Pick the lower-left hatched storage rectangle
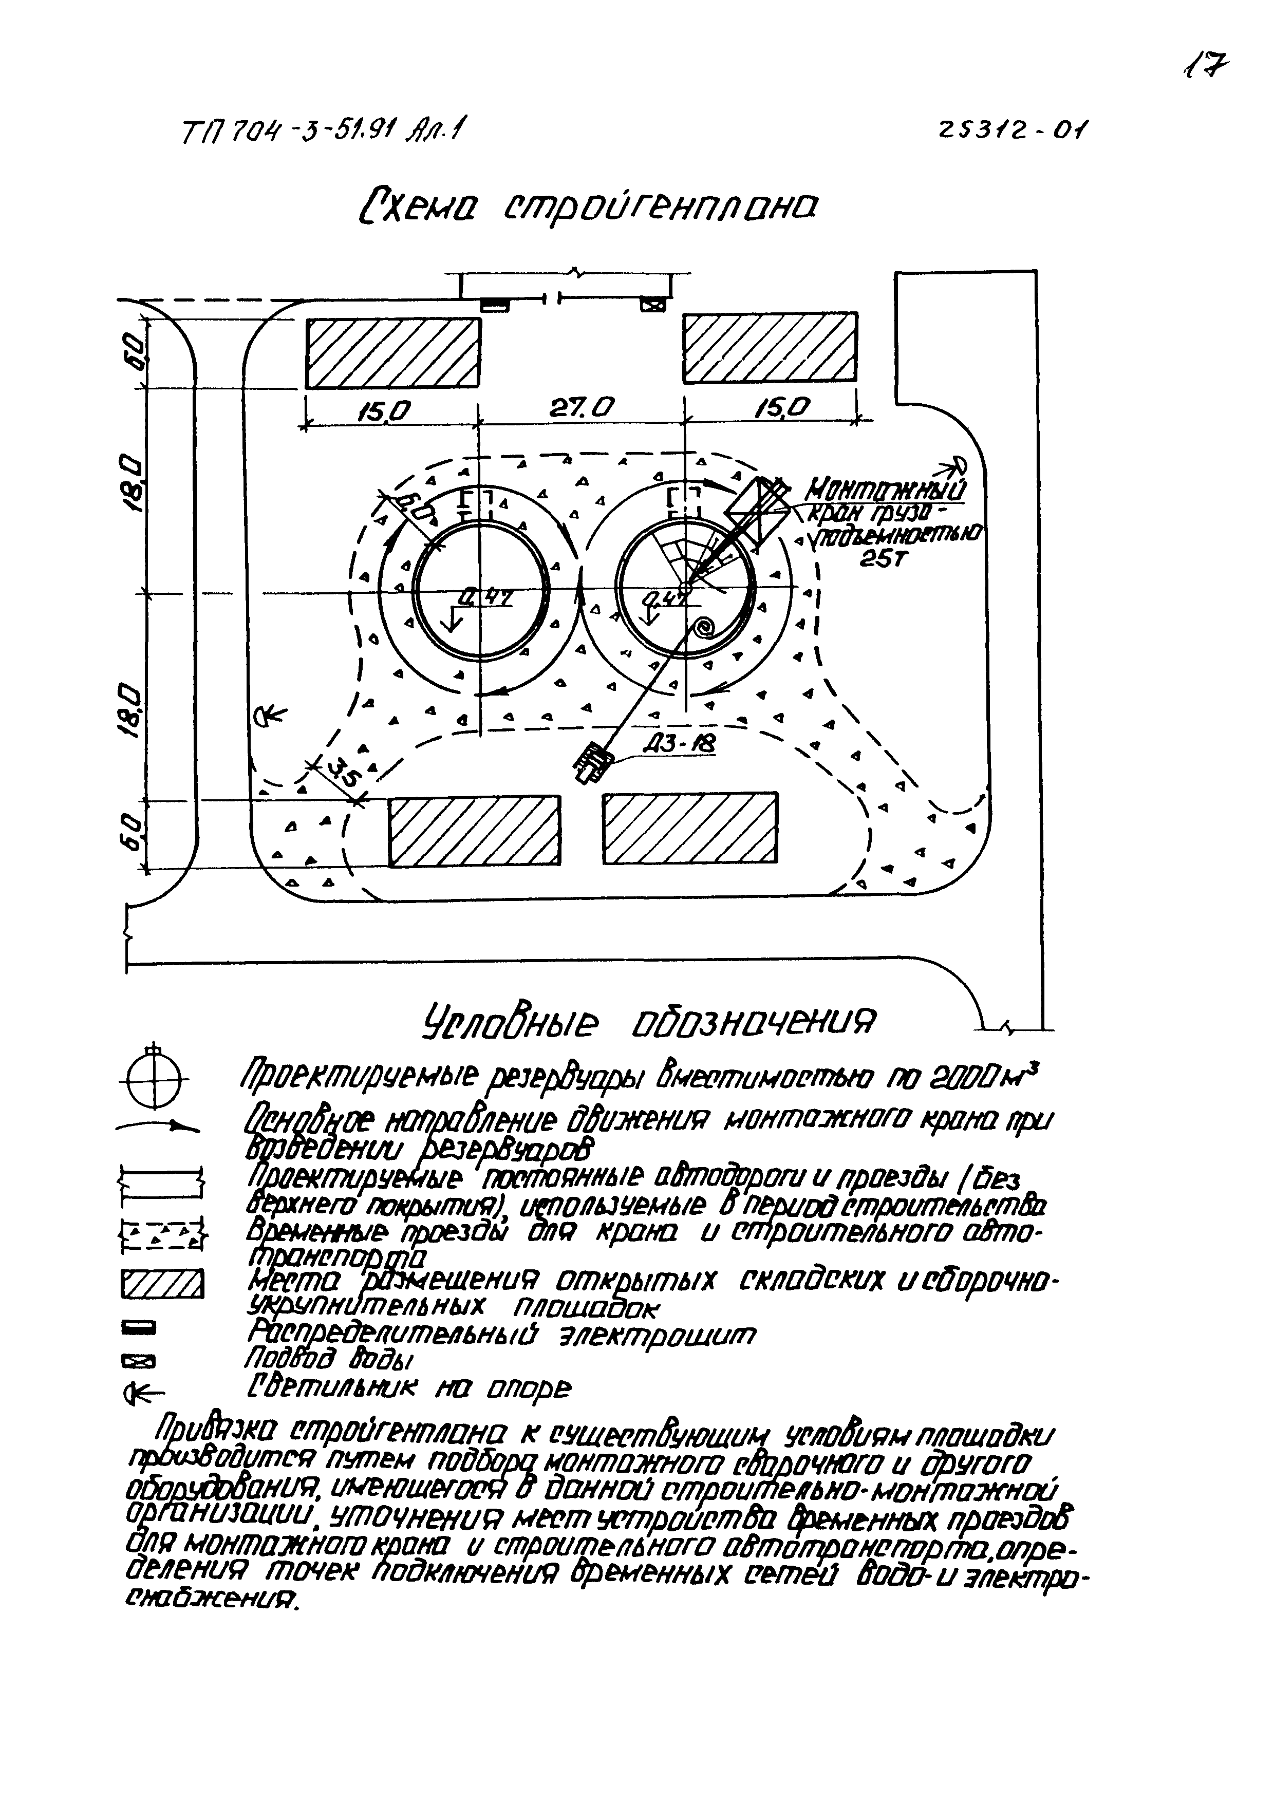[475, 830]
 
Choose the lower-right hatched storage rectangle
[690, 828]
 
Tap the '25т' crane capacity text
[883, 560]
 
